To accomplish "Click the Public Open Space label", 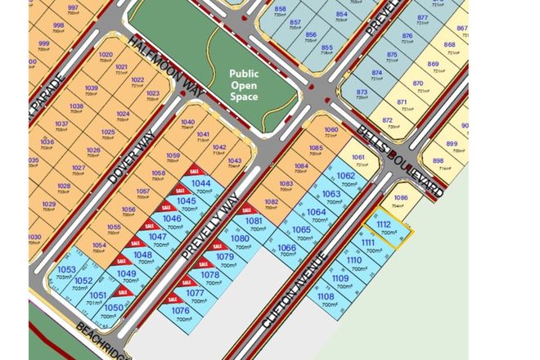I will coord(243,84).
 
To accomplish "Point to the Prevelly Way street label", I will coord(211,228).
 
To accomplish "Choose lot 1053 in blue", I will coord(66,272).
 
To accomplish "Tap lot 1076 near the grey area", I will coord(182,313).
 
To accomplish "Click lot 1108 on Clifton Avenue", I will coord(326,300).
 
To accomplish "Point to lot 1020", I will coord(105,58).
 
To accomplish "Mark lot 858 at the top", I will coord(281,10).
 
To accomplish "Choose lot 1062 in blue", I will coord(346,178).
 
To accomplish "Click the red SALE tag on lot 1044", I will coord(193,172).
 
